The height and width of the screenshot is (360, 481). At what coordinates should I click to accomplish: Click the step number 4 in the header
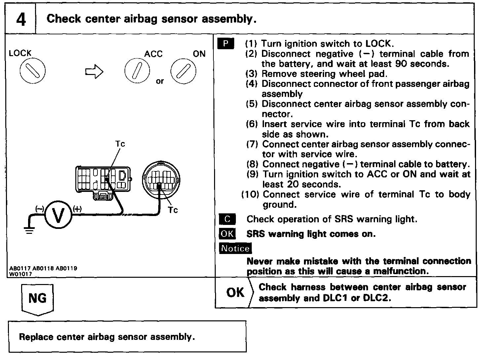[20, 19]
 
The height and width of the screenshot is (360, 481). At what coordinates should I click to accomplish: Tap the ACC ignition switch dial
[137, 71]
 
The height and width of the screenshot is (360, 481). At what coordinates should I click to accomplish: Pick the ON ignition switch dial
[183, 71]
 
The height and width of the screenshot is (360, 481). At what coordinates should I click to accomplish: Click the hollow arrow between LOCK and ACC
[94, 72]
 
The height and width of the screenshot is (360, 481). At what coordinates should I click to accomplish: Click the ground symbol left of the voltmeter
[29, 230]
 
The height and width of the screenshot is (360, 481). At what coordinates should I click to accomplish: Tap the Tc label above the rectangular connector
[120, 144]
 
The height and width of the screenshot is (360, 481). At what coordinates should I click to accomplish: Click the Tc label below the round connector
[172, 210]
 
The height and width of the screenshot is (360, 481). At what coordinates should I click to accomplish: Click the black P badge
[226, 44]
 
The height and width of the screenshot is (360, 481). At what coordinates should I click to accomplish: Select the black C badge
[227, 219]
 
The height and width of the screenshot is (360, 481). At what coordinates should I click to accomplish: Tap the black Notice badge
[235, 248]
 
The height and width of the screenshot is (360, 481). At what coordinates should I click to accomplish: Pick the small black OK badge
[227, 234]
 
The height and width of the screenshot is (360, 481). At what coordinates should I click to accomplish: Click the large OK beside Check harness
[235, 292]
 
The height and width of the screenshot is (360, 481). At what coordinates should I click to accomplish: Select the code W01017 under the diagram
[21, 274]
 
